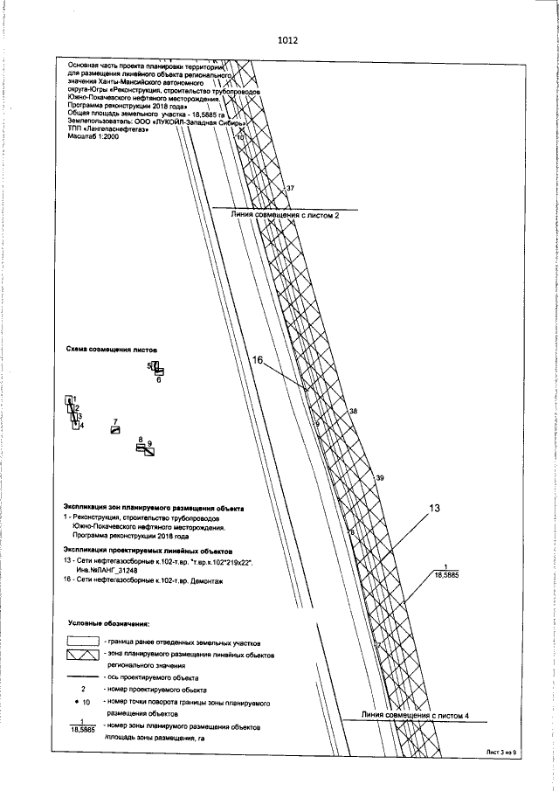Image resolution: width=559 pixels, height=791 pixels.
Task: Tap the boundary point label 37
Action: point(290,189)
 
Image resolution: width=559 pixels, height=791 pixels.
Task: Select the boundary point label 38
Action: point(353,411)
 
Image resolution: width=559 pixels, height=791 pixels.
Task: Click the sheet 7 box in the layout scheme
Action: point(114,430)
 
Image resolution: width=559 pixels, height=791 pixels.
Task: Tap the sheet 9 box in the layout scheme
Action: point(149,451)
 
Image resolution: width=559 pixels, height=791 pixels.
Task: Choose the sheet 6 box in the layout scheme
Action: point(159,372)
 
